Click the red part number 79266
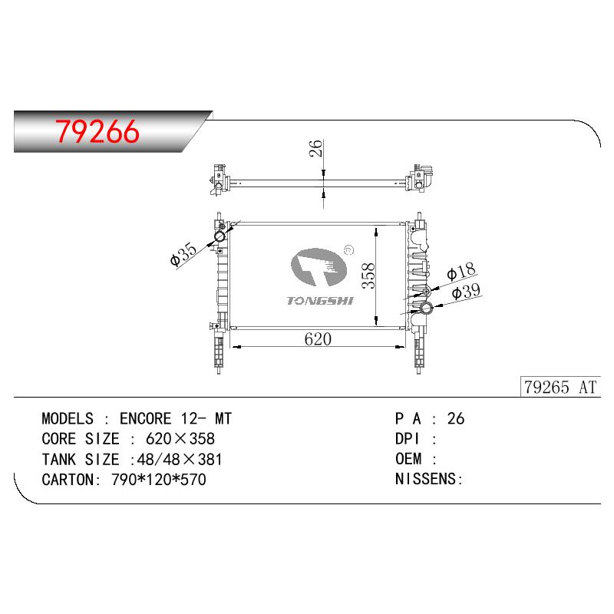point(97,131)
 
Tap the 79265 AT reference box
point(560,387)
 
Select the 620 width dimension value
point(318,339)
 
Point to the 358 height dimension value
point(368,276)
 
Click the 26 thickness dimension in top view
point(315,148)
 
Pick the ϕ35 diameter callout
point(183,254)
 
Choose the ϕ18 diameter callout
point(461,271)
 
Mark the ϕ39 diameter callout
point(466,292)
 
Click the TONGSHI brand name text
point(320,301)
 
